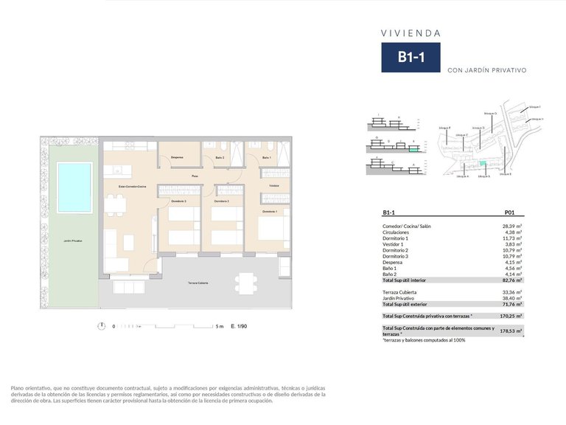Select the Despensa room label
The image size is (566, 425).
(x=177, y=158)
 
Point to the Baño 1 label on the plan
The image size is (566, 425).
(x=266, y=158)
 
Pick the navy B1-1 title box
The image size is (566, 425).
(x=410, y=58)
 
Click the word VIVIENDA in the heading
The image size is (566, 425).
(x=410, y=33)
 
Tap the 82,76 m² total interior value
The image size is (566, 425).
(x=511, y=280)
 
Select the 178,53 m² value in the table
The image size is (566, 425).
(x=511, y=331)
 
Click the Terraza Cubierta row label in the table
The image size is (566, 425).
(x=399, y=292)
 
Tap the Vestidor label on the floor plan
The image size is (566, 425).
(x=273, y=185)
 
